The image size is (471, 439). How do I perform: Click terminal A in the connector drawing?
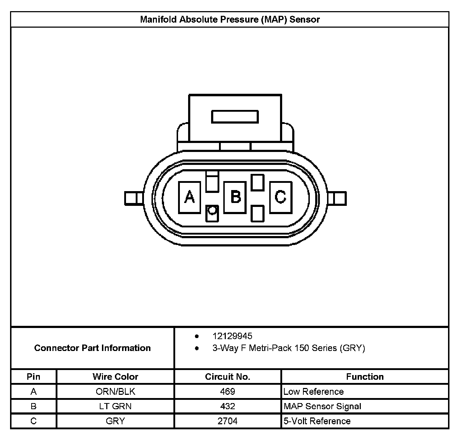pyautogui.click(x=190, y=197)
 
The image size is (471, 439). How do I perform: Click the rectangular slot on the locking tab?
pyautogui.click(x=235, y=117)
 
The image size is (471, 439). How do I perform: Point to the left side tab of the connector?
pyautogui.click(x=134, y=198)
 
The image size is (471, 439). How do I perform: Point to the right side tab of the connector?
pyautogui.click(x=337, y=198)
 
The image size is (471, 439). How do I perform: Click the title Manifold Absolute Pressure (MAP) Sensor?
pyautogui.click(x=230, y=19)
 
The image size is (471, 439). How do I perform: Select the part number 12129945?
pyautogui.click(x=232, y=336)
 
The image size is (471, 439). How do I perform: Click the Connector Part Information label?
pyautogui.click(x=92, y=348)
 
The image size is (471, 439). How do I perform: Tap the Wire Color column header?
pyautogui.click(x=115, y=376)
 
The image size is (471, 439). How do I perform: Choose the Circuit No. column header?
pyautogui.click(x=228, y=376)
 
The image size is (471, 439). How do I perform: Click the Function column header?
pyautogui.click(x=365, y=376)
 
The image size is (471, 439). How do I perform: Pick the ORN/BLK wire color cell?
pyautogui.click(x=115, y=392)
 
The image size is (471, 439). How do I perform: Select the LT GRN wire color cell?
pyautogui.click(x=115, y=406)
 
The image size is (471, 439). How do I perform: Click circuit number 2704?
pyautogui.click(x=228, y=421)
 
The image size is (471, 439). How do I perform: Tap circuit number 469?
pyautogui.click(x=228, y=392)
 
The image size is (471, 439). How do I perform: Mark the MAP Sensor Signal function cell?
pyautogui.click(x=322, y=406)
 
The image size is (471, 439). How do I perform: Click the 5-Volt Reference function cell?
pyautogui.click(x=317, y=421)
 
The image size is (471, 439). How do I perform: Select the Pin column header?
pyautogui.click(x=33, y=376)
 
